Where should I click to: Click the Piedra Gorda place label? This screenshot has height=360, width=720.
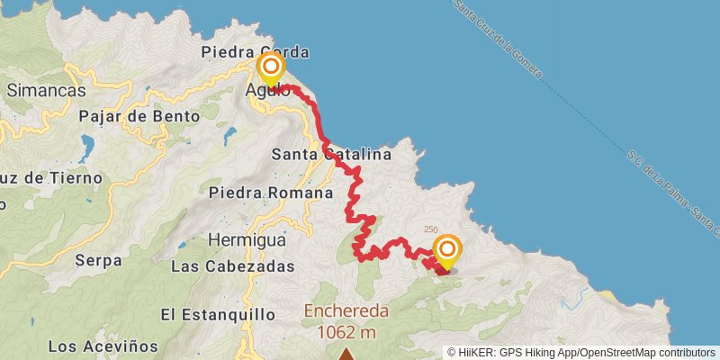(256, 51)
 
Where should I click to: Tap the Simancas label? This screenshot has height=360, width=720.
(46, 90)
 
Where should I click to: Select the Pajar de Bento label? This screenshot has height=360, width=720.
(131, 116)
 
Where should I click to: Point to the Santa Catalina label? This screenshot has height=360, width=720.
(331, 155)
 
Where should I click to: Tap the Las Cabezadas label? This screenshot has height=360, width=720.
(232, 267)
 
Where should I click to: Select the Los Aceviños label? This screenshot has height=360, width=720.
(103, 346)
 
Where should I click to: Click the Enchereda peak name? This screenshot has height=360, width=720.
(346, 311)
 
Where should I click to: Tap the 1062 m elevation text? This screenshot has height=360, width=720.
(346, 332)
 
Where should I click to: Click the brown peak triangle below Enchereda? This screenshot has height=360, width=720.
(346, 354)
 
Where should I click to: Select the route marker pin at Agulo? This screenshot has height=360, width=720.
(271, 69)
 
